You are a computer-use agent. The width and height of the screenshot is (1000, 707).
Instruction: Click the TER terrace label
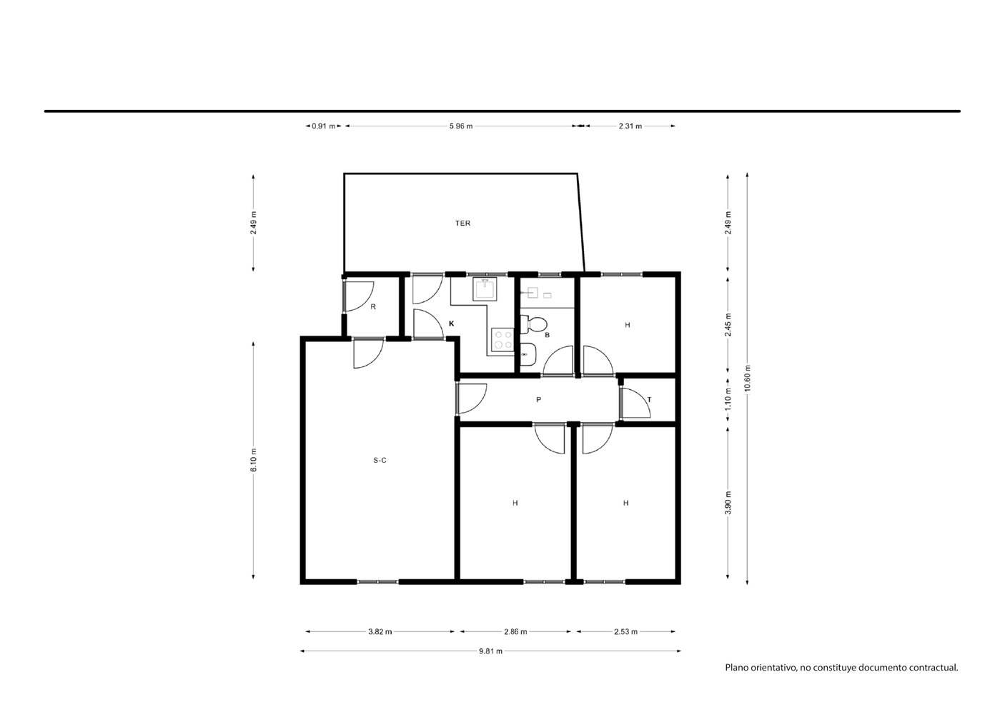[462, 223]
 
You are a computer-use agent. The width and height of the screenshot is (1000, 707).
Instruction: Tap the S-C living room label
[380, 461]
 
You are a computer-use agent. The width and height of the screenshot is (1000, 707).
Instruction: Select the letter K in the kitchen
[451, 324]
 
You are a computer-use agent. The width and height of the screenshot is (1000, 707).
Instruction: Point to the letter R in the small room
[373, 307]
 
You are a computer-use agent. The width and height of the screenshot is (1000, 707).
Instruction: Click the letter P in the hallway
[538, 400]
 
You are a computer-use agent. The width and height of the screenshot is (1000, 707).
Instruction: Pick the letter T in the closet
[649, 400]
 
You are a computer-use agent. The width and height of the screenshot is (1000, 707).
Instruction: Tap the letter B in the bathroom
[547, 335]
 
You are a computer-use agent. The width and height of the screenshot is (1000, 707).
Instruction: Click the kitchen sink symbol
[485, 289]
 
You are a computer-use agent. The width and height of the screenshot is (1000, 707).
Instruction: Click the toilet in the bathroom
[533, 324]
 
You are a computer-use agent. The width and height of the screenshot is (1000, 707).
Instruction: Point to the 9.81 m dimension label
[490, 651]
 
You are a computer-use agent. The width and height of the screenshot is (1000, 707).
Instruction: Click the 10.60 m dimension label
[748, 378]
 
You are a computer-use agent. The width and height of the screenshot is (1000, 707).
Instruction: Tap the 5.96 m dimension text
[461, 126]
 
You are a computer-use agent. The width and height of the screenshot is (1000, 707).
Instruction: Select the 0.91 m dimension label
[323, 126]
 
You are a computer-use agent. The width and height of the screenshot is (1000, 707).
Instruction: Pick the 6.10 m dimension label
[254, 460]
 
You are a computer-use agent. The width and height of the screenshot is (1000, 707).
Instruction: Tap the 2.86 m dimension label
[515, 631]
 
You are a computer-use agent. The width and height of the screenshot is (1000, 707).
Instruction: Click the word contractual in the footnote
[935, 681]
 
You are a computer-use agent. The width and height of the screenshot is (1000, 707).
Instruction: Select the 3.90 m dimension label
[728, 503]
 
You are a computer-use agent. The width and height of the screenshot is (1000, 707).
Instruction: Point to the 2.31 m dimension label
[630, 126]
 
